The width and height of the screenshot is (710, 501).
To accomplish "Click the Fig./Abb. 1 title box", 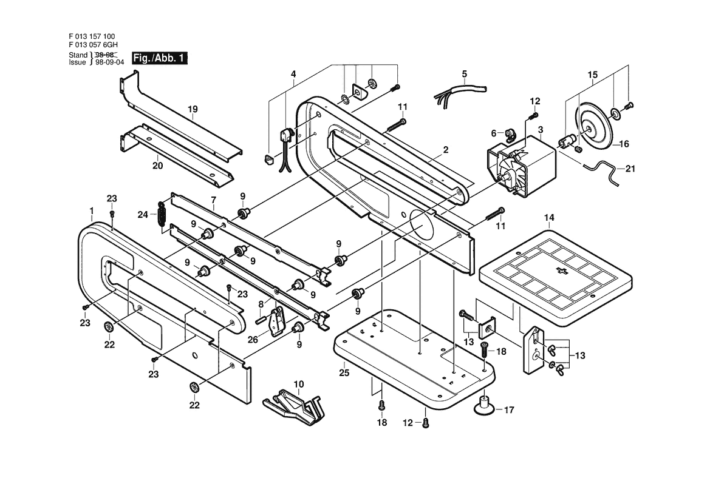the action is [159, 58].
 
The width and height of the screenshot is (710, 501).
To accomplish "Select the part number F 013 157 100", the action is [92, 36].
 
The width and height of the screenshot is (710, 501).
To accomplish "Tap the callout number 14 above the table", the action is [549, 218].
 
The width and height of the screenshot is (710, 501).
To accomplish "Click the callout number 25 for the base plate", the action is [344, 372].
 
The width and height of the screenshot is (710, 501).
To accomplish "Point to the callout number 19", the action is [193, 109].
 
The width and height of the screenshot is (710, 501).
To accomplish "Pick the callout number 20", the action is [157, 166].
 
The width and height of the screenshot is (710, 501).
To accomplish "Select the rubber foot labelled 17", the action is [483, 404].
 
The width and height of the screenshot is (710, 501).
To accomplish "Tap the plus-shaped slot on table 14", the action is [562, 271].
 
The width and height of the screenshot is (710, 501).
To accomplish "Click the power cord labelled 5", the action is [460, 92].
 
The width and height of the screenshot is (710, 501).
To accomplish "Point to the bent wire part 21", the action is [600, 170].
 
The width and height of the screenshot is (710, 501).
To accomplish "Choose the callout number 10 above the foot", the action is [298, 385].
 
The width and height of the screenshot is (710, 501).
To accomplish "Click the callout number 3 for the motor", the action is [540, 130].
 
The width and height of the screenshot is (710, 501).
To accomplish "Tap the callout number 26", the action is [253, 339].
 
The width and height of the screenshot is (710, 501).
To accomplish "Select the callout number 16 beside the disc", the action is [624, 144].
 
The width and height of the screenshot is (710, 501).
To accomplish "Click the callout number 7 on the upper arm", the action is [213, 200].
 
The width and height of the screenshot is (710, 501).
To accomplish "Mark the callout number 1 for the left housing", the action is [92, 210].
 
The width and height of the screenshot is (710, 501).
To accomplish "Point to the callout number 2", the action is [446, 150].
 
